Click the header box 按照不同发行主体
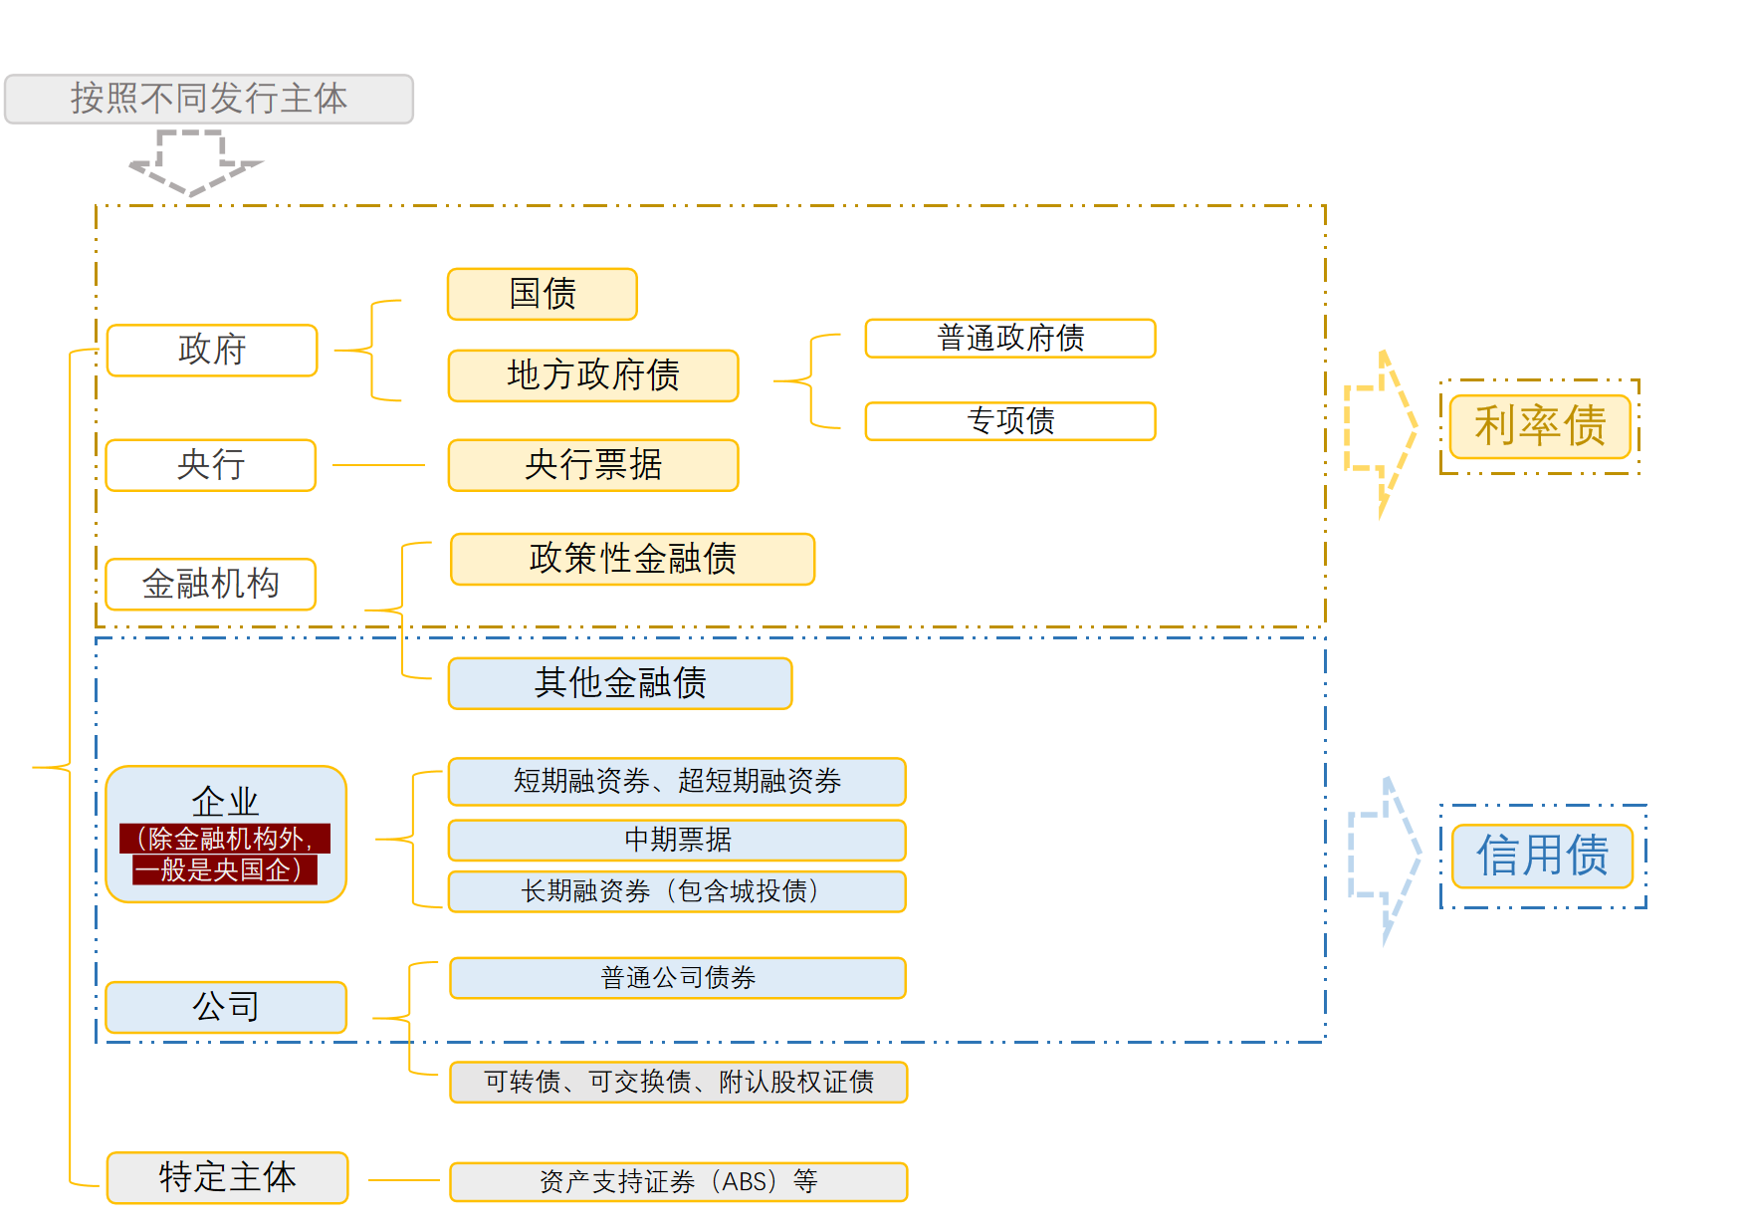pyautogui.click(x=209, y=99)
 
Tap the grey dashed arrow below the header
pyautogui.click(x=194, y=162)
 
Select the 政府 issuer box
pyautogui.click(x=212, y=350)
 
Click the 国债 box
pyautogui.click(x=543, y=294)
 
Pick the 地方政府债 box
pyautogui.click(x=593, y=375)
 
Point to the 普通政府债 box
pyautogui.click(x=1010, y=338)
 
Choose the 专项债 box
pyautogui.click(x=1010, y=420)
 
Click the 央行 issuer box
pyautogui.click(x=211, y=465)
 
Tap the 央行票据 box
pyautogui.click(x=593, y=465)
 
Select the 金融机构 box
pyautogui.click(x=211, y=584)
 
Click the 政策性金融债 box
pyautogui.click(x=632, y=559)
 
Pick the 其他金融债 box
pyautogui.click(x=620, y=683)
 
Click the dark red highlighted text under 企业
pyautogui.click(x=225, y=855)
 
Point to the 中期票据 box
pyautogui.click(x=677, y=840)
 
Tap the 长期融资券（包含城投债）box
pyautogui.click(x=677, y=891)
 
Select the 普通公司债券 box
pyautogui.click(x=677, y=978)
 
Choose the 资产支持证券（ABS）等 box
pyautogui.click(x=678, y=1182)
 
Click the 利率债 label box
pyautogui.click(x=1540, y=426)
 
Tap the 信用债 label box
pyautogui.click(x=1542, y=856)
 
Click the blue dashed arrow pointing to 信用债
pyautogui.click(x=1384, y=857)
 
